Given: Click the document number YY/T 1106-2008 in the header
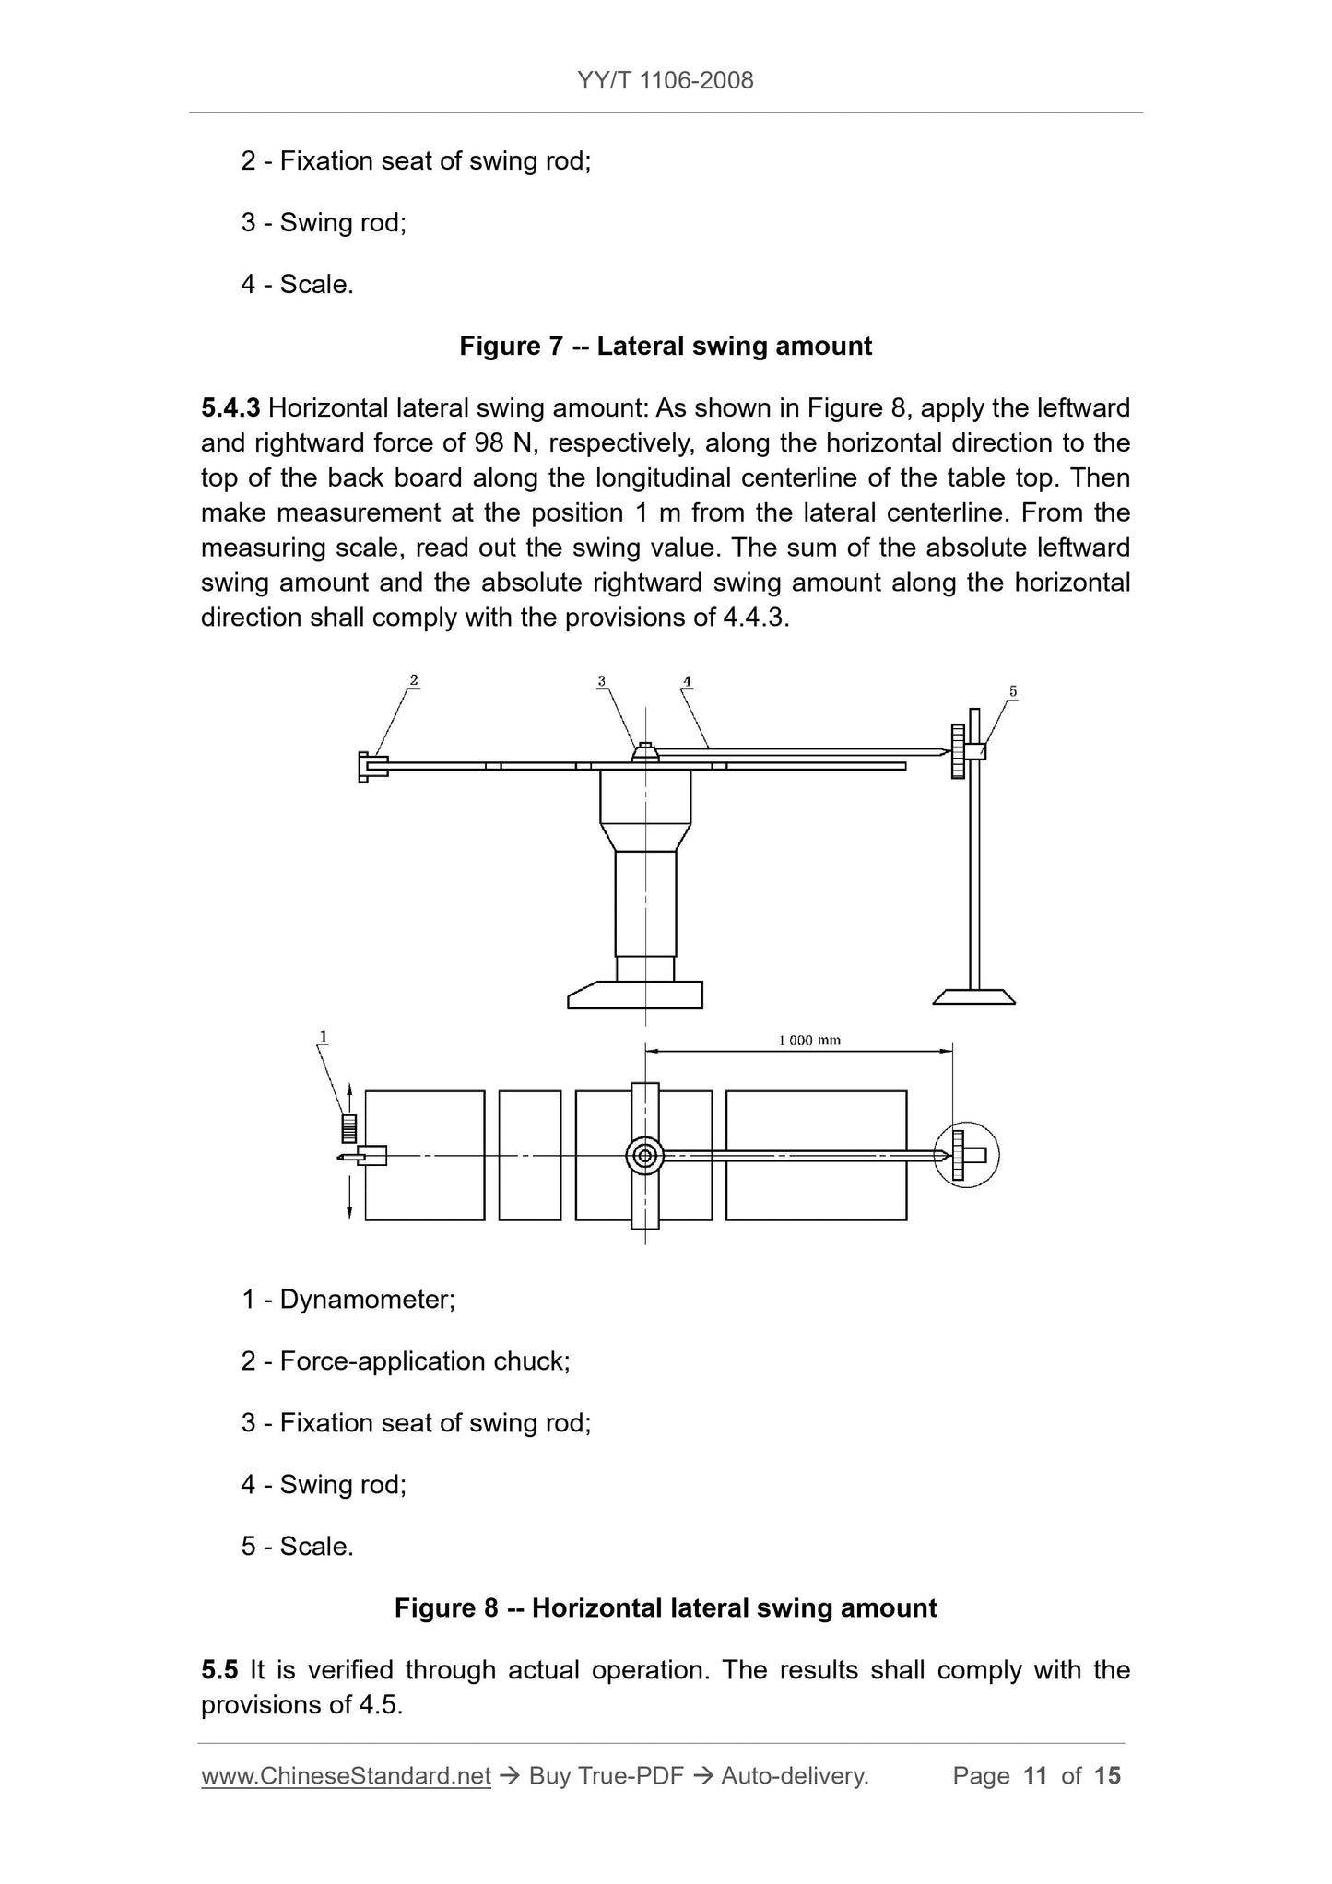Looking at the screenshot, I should point(665,81).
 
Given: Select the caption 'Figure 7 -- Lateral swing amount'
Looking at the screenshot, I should point(665,347).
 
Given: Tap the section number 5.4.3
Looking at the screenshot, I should point(230,407).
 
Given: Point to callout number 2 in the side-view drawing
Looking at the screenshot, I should point(414,681).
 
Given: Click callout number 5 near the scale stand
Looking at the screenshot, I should point(1012,691).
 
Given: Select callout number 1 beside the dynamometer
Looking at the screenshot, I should point(323,1037).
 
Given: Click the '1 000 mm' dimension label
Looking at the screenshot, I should point(809,1041).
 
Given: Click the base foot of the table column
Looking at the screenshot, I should point(636,995).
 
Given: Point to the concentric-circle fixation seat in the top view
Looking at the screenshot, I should point(645,1155).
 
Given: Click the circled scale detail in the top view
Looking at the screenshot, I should point(966,1154).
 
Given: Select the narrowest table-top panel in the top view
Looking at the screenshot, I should point(529,1155).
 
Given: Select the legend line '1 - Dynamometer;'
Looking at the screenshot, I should point(348,1300).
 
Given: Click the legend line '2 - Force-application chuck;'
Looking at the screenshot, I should point(406,1361).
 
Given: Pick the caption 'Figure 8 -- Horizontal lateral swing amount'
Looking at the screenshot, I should point(665,1608).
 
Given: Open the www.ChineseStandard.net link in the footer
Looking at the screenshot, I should point(346,1776).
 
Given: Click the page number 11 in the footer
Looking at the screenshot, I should point(1035,1776).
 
